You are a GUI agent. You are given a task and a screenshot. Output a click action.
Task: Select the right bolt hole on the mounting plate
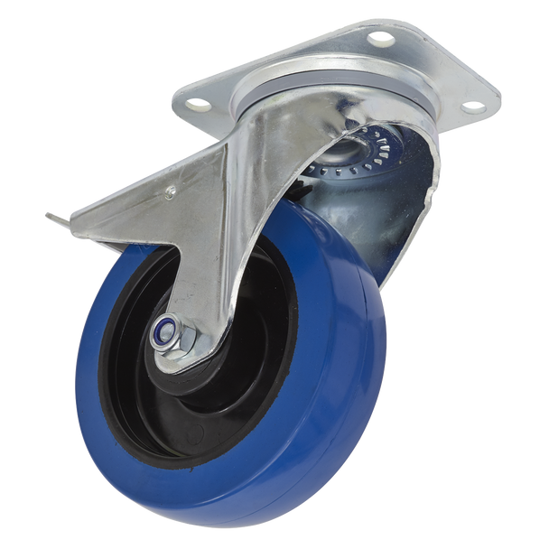[470, 109]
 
